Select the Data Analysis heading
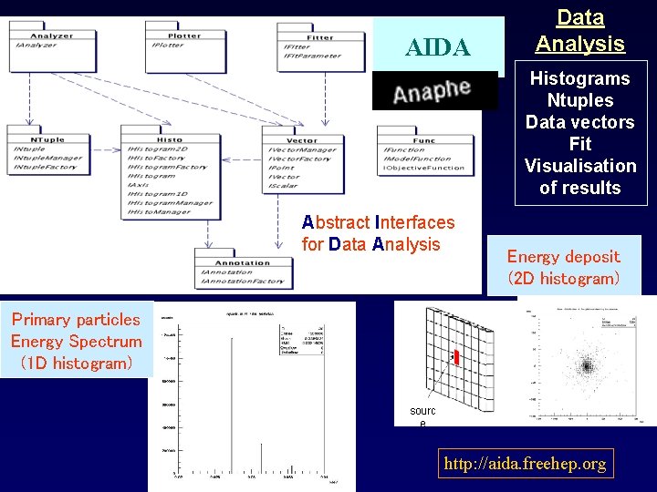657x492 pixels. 579,30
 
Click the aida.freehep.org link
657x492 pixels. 525,464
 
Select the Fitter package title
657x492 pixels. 318,37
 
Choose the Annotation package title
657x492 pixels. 242,262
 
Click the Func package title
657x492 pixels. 423,140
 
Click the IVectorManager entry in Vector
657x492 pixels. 303,149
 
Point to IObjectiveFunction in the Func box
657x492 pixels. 424,168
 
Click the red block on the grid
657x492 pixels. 455,356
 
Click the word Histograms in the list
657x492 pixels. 580,78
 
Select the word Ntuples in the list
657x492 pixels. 580,100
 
